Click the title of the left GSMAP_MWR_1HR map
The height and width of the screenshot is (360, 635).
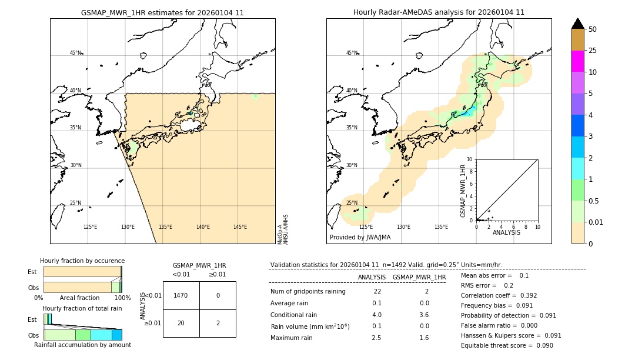point(162,12)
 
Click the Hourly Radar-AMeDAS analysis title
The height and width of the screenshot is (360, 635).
point(439,12)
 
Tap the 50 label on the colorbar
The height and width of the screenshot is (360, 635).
point(593,29)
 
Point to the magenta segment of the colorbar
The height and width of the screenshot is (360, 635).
point(578,61)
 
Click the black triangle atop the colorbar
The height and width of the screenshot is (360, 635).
point(578,24)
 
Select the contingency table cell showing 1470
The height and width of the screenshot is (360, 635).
point(181,295)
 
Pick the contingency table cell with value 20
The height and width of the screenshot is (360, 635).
point(181,323)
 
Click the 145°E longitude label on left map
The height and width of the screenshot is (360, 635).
point(240,227)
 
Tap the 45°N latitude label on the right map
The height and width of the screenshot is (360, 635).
point(352,53)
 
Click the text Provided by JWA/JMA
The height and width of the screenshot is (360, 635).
point(360,237)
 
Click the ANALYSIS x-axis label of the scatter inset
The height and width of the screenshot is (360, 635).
point(507,232)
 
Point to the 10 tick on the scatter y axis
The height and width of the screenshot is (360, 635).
point(469,159)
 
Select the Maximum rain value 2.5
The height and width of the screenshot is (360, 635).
point(377,338)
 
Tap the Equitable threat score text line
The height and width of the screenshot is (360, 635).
point(507,345)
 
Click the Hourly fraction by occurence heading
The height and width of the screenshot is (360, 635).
point(82,261)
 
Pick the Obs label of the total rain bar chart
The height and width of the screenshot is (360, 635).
point(33,335)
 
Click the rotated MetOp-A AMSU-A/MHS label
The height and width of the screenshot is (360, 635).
point(282,229)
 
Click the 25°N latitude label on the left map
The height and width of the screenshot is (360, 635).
point(75,203)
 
